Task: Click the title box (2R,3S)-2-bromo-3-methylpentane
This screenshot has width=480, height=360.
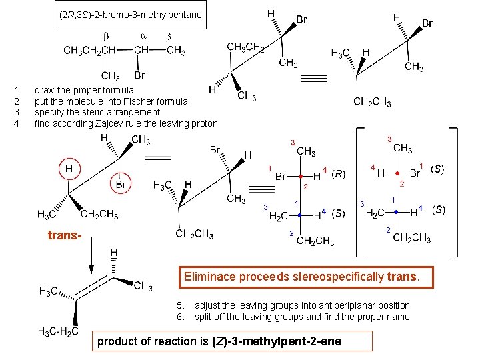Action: pos(130,15)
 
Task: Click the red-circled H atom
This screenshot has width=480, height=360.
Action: pos(68,169)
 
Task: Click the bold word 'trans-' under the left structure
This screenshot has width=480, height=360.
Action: pos(65,235)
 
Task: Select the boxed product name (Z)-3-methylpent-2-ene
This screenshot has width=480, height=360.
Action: pos(219,341)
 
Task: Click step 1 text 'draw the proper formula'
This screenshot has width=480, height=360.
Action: pos(84,89)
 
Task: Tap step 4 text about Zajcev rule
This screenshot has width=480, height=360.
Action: pos(126,123)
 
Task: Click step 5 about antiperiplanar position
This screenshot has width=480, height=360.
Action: pos(302,305)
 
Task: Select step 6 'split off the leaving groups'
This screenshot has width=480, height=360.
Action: pos(302,317)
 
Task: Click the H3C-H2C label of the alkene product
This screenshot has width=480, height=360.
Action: pos(59,331)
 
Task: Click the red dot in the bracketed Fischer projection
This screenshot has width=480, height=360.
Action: pos(397,173)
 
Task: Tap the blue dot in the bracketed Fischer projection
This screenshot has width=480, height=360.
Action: pos(397,212)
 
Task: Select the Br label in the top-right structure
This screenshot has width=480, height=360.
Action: pos(427,23)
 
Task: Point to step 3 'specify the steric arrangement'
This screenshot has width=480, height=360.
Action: pos(97,112)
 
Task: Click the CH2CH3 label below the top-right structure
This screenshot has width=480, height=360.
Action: pos(372,102)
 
